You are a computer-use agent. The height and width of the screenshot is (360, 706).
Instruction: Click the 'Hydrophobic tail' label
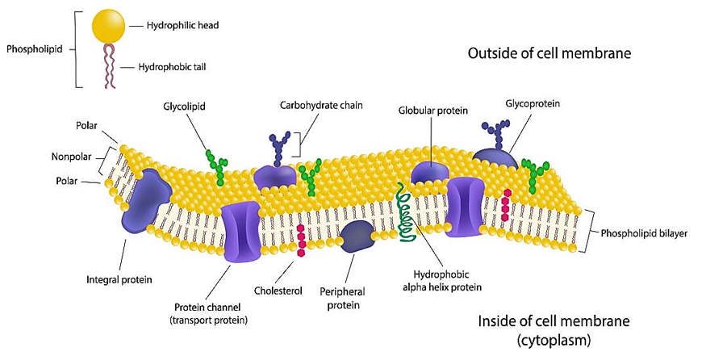point(172,68)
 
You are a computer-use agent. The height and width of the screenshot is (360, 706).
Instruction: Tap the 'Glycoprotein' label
point(533,104)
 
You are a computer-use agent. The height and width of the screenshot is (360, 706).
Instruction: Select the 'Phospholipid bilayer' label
point(644,233)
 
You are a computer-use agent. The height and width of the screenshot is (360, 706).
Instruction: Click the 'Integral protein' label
point(119,279)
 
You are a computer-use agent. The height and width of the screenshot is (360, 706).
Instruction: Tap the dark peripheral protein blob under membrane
point(356,236)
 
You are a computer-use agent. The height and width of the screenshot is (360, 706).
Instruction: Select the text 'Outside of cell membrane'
point(549,53)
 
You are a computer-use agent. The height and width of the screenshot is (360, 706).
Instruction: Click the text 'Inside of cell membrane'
point(548,320)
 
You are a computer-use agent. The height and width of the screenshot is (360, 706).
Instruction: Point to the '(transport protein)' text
point(211,320)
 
